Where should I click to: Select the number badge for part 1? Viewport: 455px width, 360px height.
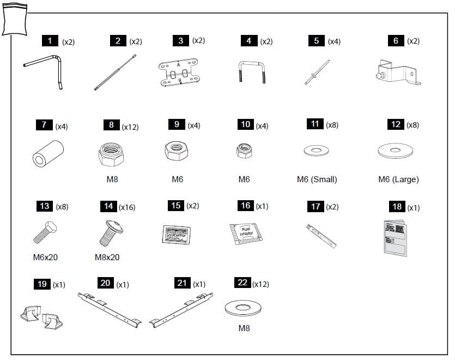pos(50,41)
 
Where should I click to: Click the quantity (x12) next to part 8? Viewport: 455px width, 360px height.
pos(130,127)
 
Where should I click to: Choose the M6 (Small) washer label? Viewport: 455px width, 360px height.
pos(317,179)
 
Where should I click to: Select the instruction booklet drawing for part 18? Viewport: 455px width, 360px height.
pos(395,237)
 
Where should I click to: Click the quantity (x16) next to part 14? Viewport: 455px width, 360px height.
pos(127,207)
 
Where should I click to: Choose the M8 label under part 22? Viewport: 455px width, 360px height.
pos(244,328)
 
